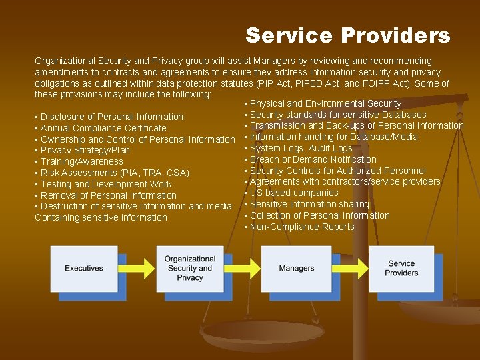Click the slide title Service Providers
pos(347,35)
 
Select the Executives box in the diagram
pos(84,268)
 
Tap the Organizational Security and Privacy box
pos(190,268)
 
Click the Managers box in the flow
pos(297,268)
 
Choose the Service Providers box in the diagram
pos(401,268)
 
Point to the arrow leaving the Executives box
pos(137,269)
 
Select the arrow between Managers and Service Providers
pos(349,269)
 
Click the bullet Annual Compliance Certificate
pos(103,128)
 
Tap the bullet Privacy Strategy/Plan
pos(85,151)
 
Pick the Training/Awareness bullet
pos(82,161)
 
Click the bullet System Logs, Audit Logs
pos(301,148)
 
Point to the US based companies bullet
pos(294,193)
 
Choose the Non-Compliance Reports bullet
pos(302,227)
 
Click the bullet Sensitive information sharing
pos(309,204)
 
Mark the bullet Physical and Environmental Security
pos(325,103)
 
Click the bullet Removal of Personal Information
pos(109,195)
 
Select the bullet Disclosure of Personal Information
pos(112,117)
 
